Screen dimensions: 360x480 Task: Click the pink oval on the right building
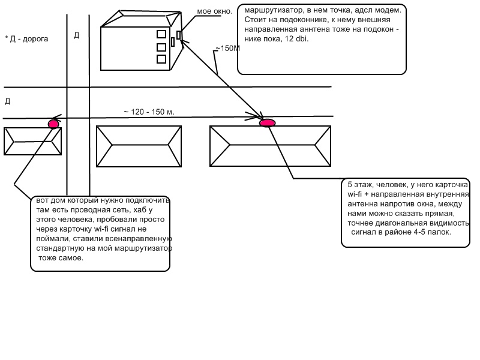267,123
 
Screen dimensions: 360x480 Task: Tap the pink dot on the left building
53,124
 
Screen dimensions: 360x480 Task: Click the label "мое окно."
214,11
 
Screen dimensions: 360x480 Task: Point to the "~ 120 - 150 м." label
148,112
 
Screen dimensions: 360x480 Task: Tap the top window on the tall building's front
161,34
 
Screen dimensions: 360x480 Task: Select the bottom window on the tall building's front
161,59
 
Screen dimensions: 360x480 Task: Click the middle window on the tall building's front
161,47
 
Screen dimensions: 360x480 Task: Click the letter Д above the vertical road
76,35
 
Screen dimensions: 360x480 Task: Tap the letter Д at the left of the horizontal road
7,101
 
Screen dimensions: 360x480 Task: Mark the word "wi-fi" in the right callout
358,194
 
